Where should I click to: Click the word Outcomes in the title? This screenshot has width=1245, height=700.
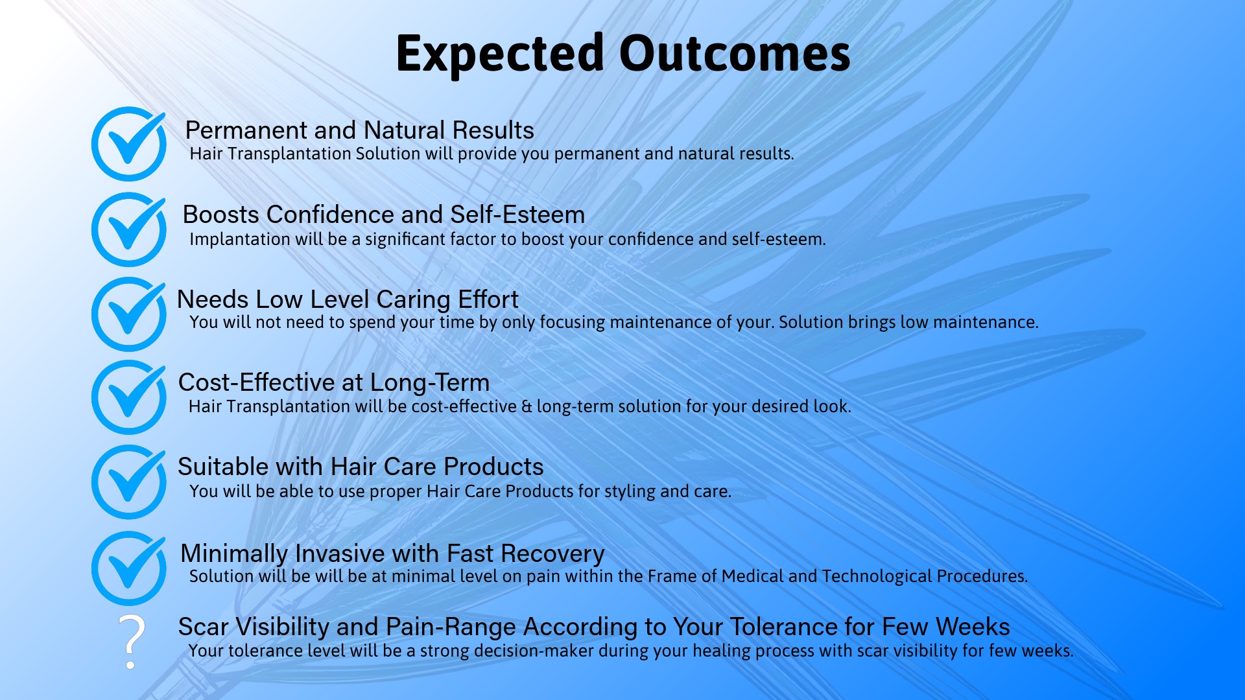click(734, 54)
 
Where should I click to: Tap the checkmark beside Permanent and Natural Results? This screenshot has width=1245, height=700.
click(129, 144)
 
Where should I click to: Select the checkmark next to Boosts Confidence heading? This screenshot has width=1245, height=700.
click(129, 229)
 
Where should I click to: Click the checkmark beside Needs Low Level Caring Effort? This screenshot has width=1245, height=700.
click(129, 314)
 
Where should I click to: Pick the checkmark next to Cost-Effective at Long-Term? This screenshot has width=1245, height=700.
click(129, 397)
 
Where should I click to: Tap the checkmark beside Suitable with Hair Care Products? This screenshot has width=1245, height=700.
click(129, 482)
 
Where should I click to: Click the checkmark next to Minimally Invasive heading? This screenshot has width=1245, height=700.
click(129, 568)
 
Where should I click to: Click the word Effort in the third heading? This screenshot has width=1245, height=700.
click(488, 299)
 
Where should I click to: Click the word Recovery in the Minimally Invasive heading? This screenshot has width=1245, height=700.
click(552, 554)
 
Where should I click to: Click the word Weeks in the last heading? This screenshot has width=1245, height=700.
click(973, 627)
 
